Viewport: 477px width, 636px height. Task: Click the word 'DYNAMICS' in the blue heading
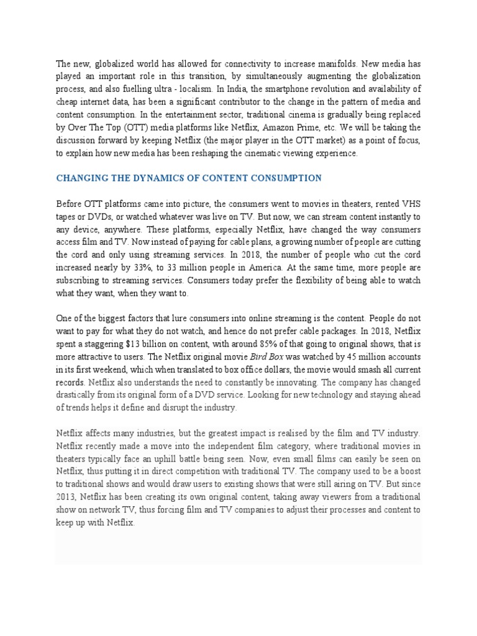pos(131,178)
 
